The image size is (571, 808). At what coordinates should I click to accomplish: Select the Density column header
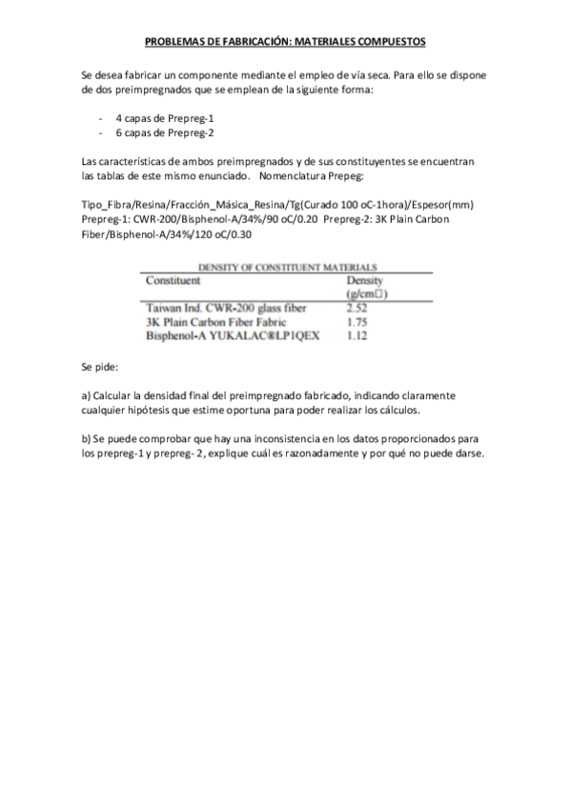(363, 281)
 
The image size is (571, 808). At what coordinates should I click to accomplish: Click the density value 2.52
(357, 308)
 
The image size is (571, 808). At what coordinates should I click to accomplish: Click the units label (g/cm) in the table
(367, 294)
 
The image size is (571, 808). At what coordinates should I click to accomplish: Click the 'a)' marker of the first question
(87, 394)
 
